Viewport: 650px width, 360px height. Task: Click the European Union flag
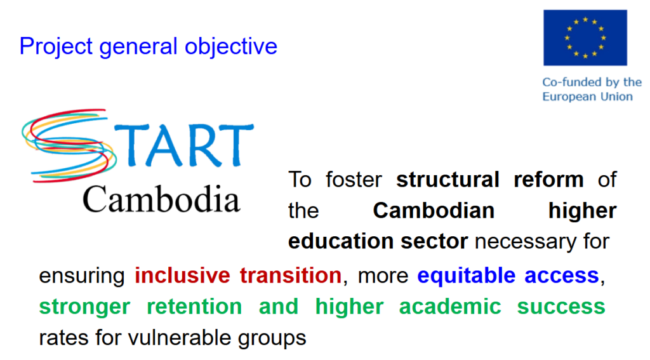(585, 37)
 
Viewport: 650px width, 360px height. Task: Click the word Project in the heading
(56, 46)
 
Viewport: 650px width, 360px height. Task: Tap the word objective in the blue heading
(231, 46)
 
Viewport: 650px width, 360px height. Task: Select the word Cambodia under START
(161, 199)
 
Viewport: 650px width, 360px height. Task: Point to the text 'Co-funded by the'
(592, 82)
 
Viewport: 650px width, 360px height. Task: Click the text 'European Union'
(588, 97)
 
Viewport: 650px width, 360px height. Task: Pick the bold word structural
(448, 180)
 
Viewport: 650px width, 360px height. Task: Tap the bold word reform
(548, 180)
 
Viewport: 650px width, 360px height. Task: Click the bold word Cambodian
(434, 211)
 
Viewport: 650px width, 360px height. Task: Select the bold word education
(341, 241)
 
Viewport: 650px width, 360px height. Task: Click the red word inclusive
(182, 276)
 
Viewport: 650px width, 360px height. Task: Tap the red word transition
(291, 276)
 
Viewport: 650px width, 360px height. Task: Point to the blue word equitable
(467, 276)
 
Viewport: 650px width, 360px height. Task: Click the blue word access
(562, 276)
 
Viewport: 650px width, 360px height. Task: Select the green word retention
(194, 307)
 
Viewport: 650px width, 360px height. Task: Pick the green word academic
(450, 307)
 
